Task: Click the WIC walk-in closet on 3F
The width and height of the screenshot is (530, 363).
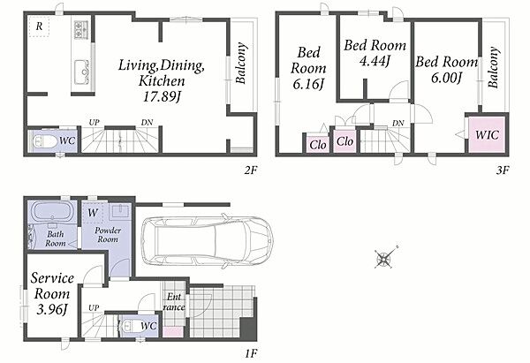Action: [487, 134]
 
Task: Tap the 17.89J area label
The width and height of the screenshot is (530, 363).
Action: [162, 97]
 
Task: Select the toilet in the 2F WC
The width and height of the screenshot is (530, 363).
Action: [45, 141]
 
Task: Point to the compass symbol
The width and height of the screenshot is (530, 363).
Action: [385, 259]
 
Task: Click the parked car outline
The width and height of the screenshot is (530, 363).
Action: [207, 240]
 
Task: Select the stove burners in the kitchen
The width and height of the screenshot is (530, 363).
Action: [80, 29]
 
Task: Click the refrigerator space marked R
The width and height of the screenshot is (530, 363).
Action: [39, 26]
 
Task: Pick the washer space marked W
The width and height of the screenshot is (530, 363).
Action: [93, 213]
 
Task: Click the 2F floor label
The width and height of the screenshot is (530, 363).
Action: [251, 170]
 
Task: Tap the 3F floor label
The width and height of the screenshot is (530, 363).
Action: [503, 170]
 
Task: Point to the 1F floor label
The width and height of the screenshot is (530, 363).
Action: [251, 354]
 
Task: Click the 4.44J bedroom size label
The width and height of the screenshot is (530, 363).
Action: [375, 61]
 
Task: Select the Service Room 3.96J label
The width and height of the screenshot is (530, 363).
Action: [52, 293]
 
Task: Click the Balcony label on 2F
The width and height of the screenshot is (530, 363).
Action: [240, 64]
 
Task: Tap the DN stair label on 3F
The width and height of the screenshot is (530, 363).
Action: [398, 124]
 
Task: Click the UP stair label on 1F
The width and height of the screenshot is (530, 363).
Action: [94, 308]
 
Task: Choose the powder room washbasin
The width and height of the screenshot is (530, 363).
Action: [120, 210]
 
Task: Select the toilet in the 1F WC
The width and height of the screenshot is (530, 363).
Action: [127, 326]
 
